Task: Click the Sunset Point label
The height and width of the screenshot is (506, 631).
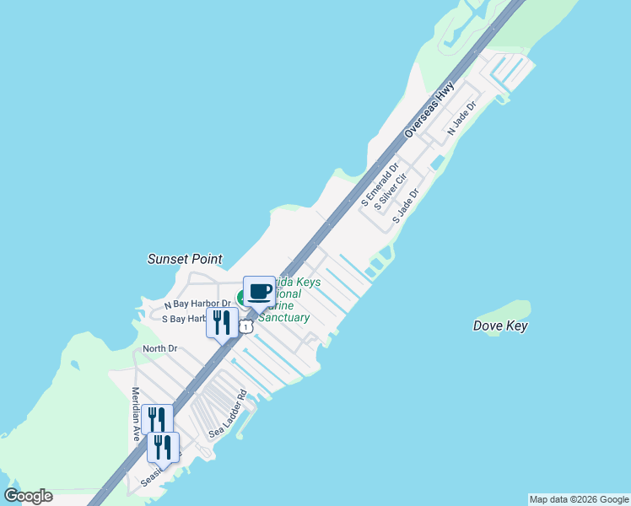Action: (x=185, y=259)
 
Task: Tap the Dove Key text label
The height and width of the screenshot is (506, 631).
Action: (x=500, y=326)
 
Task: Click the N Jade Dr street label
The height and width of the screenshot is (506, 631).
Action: (x=462, y=119)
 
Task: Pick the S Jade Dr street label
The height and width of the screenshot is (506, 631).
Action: (x=405, y=206)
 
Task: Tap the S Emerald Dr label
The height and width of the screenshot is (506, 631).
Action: (x=377, y=187)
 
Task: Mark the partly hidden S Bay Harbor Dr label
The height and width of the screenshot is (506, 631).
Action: (x=184, y=319)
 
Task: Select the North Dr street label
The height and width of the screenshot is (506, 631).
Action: (x=159, y=348)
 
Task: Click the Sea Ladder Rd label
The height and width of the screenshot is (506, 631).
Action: (x=227, y=414)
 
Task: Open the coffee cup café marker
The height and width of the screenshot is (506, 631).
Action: (x=259, y=292)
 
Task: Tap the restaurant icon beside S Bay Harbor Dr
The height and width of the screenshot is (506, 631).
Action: (x=222, y=322)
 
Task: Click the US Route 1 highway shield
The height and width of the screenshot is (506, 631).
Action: (x=245, y=326)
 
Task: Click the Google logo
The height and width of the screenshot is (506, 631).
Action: (x=28, y=496)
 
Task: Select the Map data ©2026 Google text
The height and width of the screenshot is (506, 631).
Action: (x=579, y=499)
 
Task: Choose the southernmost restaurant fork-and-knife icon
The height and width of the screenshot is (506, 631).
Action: (x=163, y=446)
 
